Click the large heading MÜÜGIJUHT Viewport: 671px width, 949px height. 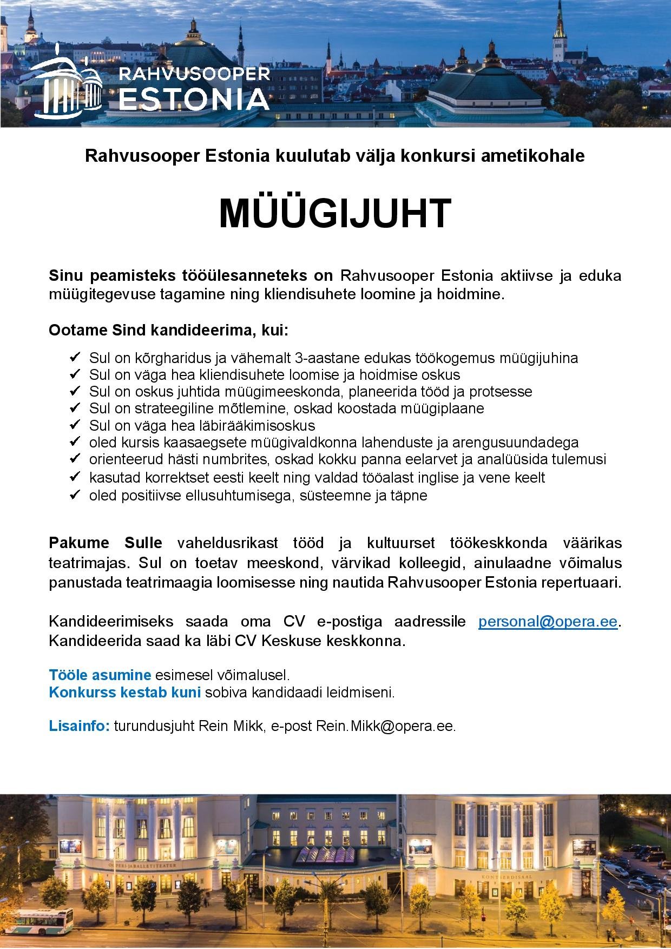[x=335, y=214]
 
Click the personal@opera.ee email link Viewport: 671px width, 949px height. [x=548, y=622]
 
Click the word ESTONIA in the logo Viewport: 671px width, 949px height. [x=194, y=98]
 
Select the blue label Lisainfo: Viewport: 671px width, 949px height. [x=80, y=726]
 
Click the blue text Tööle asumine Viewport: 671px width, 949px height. [x=100, y=675]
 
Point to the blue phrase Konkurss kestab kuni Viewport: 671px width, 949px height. [x=125, y=693]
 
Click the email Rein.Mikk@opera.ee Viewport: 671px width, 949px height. [x=385, y=726]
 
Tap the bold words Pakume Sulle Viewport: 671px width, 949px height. [x=106, y=543]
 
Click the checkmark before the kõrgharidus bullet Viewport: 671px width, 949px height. [x=75, y=358]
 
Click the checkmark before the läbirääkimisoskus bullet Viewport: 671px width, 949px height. [x=75, y=425]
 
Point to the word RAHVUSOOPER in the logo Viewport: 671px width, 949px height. [x=194, y=73]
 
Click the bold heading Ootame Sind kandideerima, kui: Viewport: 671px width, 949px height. [x=169, y=330]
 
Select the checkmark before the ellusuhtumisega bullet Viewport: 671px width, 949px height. [x=75, y=495]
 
